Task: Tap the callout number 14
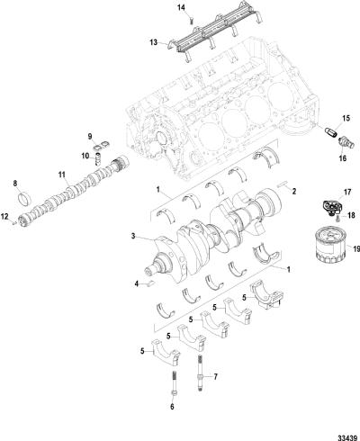(181, 8)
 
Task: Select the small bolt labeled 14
(192, 21)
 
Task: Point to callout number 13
(153, 42)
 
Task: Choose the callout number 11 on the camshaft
(62, 175)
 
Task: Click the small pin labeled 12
(14, 222)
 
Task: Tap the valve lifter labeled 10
(97, 158)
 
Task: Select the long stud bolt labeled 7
(200, 373)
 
